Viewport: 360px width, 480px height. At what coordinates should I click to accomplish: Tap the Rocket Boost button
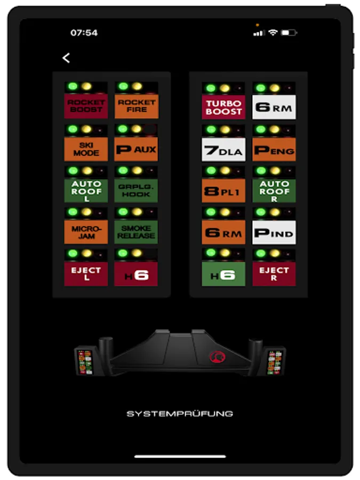pos(86,106)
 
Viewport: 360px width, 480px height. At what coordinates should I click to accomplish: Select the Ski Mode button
pos(86,149)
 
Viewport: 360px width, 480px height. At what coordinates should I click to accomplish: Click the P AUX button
pos(136,149)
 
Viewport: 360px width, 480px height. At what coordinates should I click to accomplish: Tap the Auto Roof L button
pos(86,190)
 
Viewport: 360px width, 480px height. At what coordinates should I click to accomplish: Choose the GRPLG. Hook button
pos(136,190)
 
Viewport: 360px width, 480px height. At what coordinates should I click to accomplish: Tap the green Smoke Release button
pos(136,232)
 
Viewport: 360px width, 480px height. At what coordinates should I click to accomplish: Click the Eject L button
pos(86,274)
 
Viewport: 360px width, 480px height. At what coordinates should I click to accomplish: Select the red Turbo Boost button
pos(223,107)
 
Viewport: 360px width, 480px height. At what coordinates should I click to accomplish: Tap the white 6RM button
pos(274,107)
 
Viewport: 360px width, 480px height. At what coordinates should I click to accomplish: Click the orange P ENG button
pos(274,150)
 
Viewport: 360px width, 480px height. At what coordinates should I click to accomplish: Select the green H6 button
pos(223,274)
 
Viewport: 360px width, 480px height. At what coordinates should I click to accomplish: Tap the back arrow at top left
pos(66,58)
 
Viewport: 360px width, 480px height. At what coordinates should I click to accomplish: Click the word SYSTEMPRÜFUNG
pos(180,413)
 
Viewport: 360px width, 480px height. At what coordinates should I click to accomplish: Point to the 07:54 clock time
pos(84,33)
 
